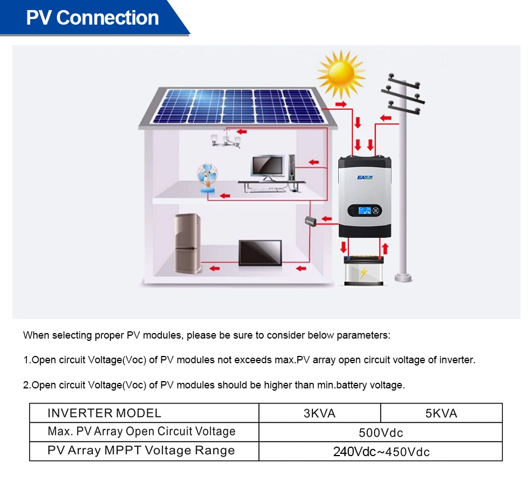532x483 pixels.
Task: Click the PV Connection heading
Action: pos(92,18)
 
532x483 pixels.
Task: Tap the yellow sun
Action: pos(340,74)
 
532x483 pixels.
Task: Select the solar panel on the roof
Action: pos(239,106)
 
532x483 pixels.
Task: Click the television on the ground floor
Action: pos(260,253)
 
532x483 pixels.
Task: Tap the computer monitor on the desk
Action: pos(268,167)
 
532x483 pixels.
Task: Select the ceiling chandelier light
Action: pos(226,139)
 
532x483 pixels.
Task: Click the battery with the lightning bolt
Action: pos(363,271)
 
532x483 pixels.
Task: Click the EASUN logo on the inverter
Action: pos(365,177)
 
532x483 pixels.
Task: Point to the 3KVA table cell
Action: pos(319,413)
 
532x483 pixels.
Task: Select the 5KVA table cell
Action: pos(441,413)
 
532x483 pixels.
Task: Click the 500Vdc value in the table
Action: pos(381,433)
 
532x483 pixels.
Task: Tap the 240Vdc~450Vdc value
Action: pos(381,452)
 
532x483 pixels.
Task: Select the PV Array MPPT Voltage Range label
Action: pos(141,451)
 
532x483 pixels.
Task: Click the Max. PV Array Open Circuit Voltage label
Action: pos(142,432)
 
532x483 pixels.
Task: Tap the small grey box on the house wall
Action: pos(311,221)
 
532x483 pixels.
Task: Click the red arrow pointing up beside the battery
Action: pos(384,247)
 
